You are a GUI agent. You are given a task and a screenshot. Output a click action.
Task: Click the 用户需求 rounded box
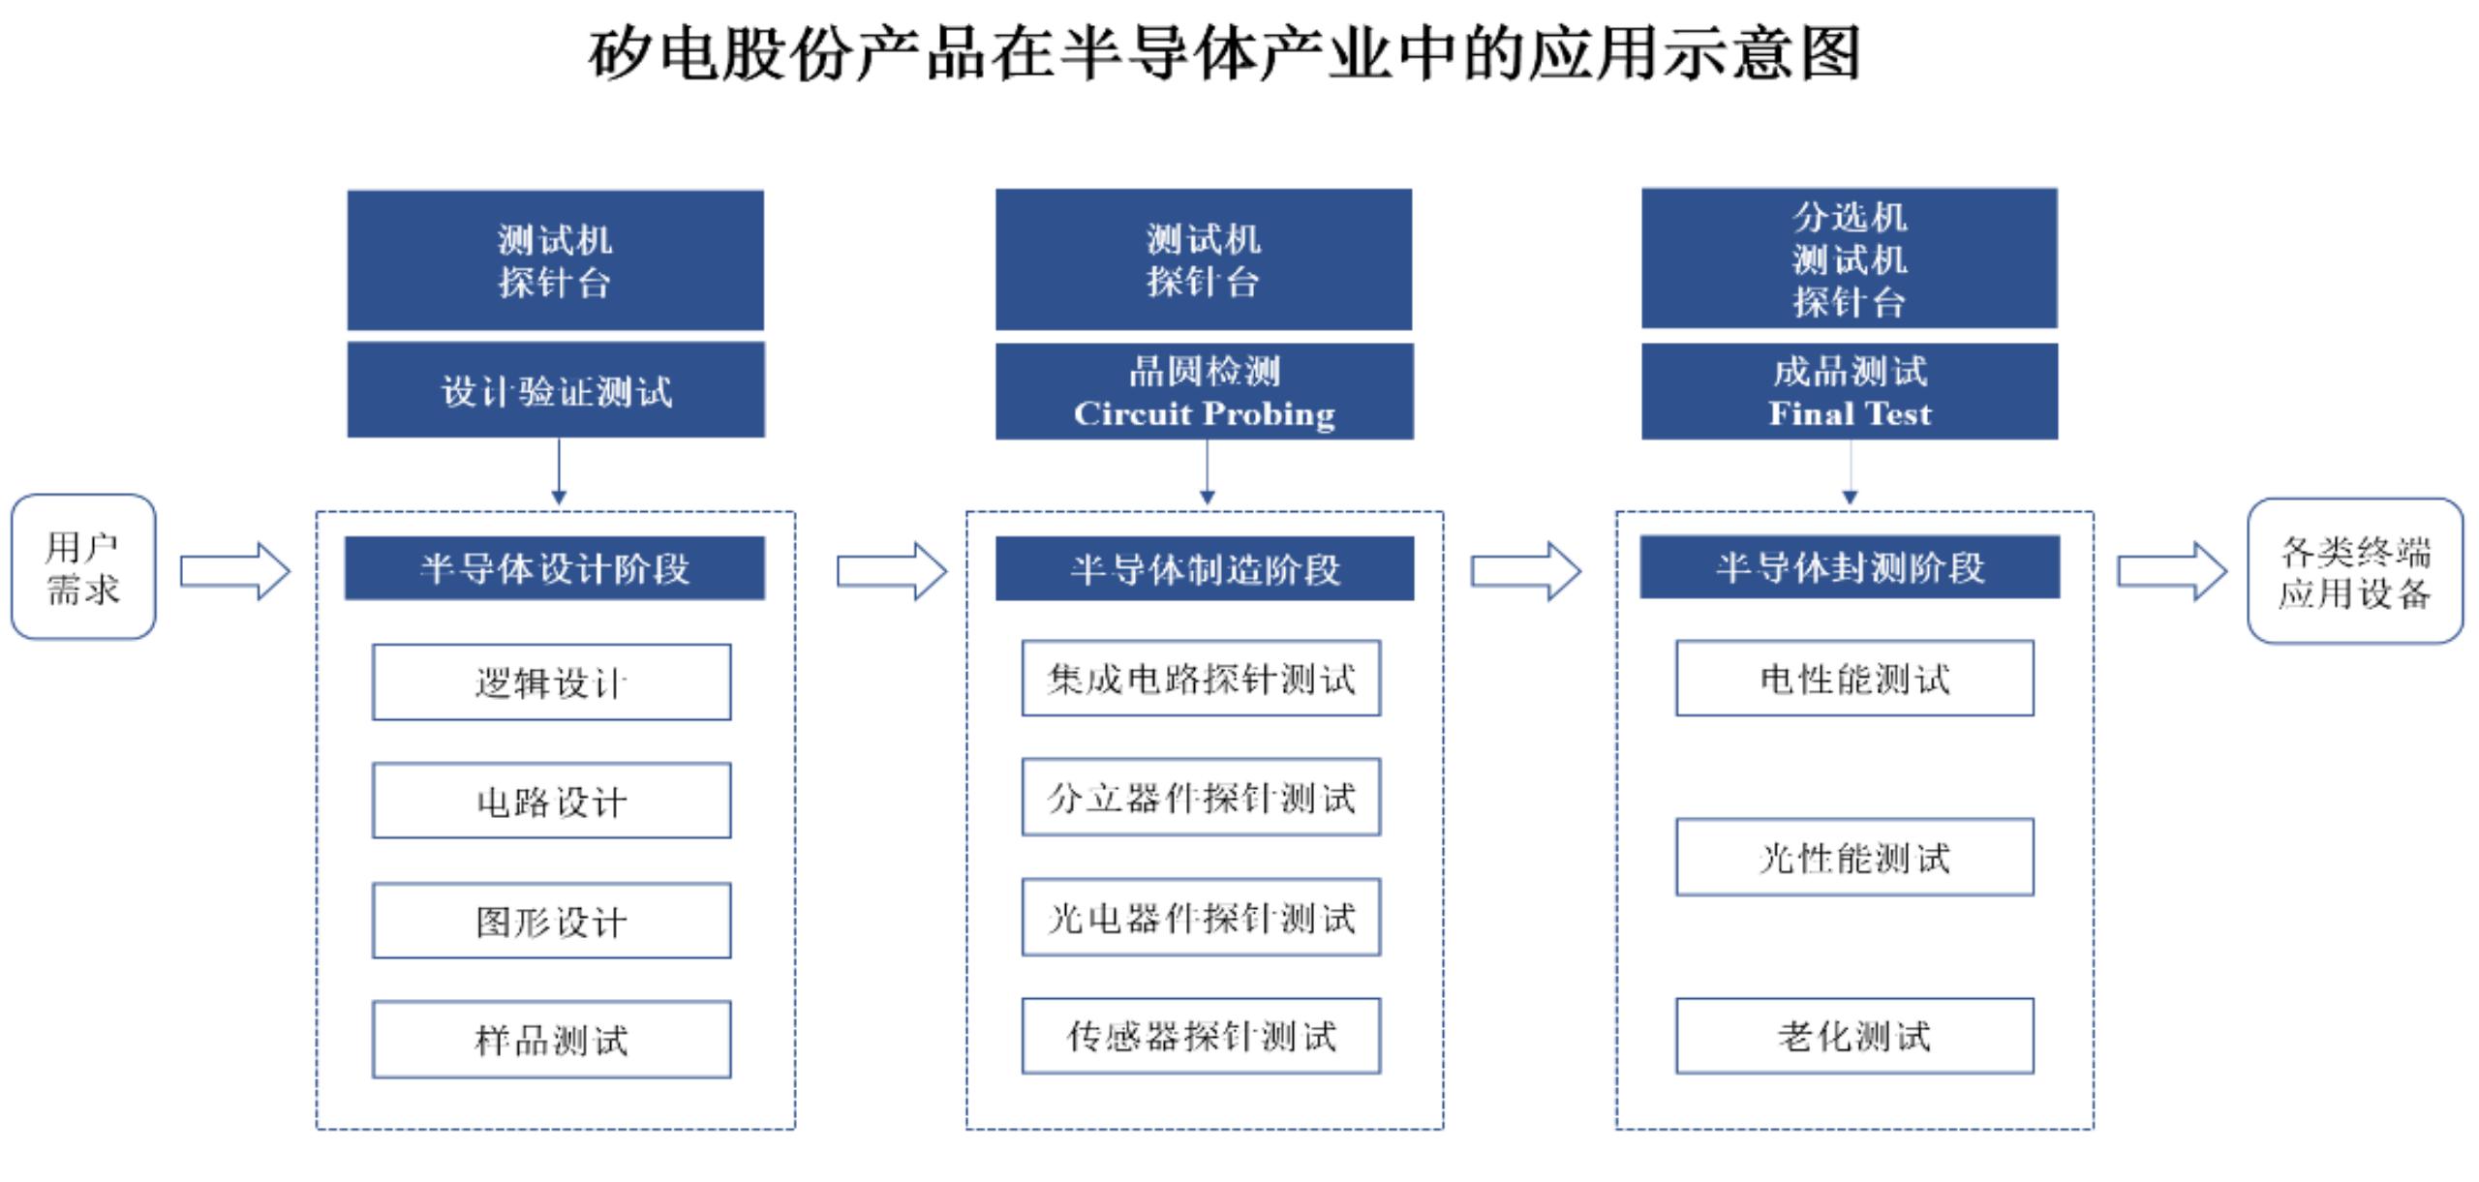pos(83,567)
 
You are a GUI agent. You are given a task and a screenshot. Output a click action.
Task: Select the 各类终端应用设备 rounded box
pos(2355,571)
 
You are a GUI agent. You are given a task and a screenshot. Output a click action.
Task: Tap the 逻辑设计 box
pos(552,682)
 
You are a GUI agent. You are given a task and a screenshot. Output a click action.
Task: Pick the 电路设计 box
pos(552,801)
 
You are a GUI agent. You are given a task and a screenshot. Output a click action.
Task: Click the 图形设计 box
pos(552,921)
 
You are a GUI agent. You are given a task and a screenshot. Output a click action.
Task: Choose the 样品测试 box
pos(552,1040)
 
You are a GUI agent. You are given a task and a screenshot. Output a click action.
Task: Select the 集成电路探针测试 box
pos(1202,679)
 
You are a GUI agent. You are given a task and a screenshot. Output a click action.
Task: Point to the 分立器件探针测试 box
pos(1202,798)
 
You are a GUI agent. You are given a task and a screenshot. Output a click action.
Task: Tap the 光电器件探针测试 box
pos(1202,918)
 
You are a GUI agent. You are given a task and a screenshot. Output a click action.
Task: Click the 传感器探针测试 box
pos(1202,1036)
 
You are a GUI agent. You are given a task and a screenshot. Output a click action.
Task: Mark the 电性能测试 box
pos(1855,679)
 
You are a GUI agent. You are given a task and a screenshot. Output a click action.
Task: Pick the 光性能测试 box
pos(1855,858)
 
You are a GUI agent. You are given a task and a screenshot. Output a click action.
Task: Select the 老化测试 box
pos(1855,1036)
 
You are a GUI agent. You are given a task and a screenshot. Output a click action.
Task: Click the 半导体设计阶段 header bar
pos(555,568)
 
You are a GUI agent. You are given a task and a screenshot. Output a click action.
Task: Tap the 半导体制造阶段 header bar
pos(1205,568)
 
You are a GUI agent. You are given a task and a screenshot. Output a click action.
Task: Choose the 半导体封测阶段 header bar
pos(1850,567)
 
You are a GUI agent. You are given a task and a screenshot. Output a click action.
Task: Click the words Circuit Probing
pos(1205,414)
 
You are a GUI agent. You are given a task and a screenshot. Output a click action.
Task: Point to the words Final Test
pos(1850,414)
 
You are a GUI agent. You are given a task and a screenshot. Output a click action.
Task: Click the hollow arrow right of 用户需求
pos(235,571)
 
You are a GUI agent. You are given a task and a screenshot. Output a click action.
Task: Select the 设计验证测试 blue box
pos(556,390)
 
